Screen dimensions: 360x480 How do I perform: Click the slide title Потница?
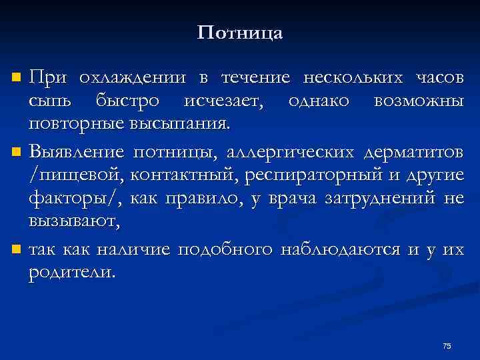pos(240,33)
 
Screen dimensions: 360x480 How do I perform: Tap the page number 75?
pos(447,345)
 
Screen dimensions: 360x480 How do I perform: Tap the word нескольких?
pos(353,78)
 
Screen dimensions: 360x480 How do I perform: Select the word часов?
pos(439,78)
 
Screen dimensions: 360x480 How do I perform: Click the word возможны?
pos(419,101)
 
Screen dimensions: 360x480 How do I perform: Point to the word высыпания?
pos(189,124)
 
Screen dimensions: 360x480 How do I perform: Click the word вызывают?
pos(74,221)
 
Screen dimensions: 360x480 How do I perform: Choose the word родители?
pos(72,273)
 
